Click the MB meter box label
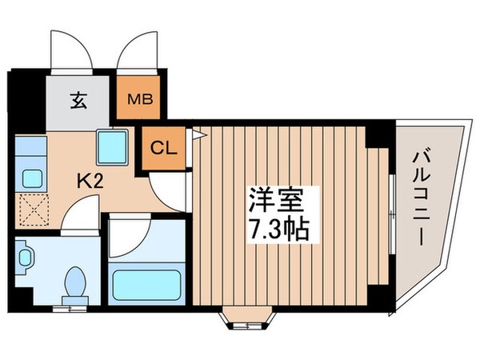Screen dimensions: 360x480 pyautogui.click(x=142, y=101)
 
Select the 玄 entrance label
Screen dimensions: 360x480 pyautogui.click(x=78, y=101)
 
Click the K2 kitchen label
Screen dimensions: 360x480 pyautogui.click(x=90, y=180)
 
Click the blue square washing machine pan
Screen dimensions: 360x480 pyautogui.click(x=107, y=145)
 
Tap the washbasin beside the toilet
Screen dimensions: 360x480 pyautogui.click(x=27, y=258)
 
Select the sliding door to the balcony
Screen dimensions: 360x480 pyautogui.click(x=390, y=206)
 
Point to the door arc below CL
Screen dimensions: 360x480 pyautogui.click(x=170, y=190)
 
